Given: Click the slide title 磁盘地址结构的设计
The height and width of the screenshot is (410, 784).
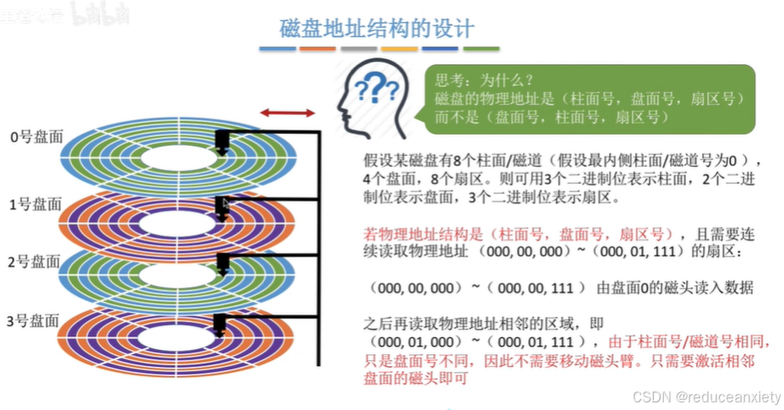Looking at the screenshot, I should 377,27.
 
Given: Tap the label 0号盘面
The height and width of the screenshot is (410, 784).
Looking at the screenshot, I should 36,136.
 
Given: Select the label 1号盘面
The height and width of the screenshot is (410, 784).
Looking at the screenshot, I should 36,203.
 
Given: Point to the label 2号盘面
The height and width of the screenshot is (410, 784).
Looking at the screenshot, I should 36,262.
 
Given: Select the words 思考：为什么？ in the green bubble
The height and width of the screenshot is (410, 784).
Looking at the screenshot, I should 484,81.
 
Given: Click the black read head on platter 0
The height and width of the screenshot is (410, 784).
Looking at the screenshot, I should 222,141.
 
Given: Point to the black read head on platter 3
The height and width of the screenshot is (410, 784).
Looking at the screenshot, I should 219,325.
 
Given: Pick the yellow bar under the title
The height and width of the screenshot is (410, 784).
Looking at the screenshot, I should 398,49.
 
